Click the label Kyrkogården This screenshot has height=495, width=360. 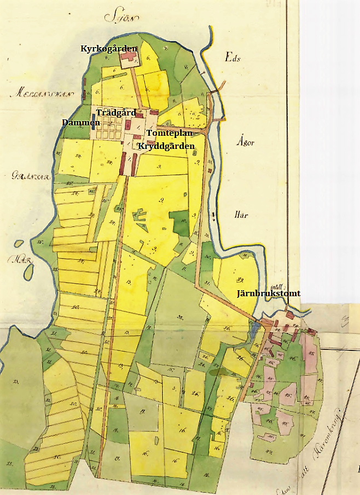[109, 49]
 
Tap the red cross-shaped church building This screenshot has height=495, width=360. [130, 56]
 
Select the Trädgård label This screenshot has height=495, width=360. [115, 112]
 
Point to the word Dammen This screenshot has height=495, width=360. [81, 122]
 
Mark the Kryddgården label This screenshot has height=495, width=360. [166, 147]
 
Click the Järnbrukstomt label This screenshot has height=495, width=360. [268, 293]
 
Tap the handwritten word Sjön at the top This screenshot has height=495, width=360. [121, 17]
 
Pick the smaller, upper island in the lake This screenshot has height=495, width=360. [19, 244]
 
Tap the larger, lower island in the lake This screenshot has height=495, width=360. [29, 270]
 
